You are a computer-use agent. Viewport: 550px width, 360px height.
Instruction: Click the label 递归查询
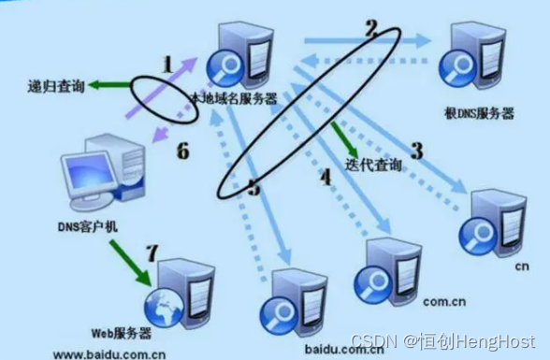56,87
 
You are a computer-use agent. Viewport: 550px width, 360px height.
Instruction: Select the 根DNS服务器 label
480,114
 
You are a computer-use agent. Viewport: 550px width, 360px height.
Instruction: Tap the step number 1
168,65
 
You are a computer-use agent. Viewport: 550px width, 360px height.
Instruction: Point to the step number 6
182,151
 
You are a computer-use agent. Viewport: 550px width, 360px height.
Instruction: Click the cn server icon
495,221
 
